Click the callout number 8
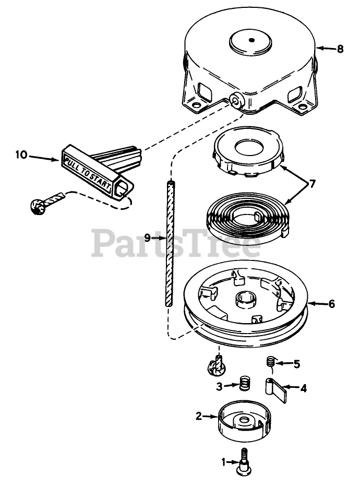coord(340,49)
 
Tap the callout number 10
coord(21,155)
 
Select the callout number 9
coord(148,237)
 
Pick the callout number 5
coord(296,364)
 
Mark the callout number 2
coord(199,416)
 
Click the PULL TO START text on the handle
coord(88,170)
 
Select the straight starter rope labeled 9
coord(169,243)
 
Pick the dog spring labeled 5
coord(271,361)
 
